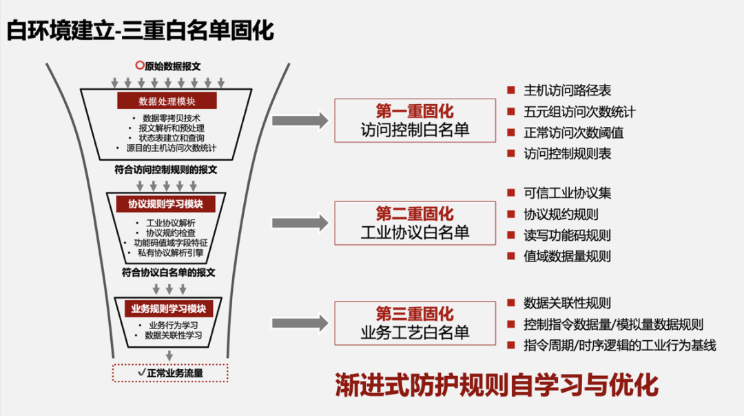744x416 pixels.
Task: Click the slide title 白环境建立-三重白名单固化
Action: [141, 30]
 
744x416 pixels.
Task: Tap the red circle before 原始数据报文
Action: [140, 66]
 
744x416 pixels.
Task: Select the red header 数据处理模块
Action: [167, 101]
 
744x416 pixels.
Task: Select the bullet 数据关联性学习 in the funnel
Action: [173, 335]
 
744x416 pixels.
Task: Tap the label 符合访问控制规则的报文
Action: [167, 168]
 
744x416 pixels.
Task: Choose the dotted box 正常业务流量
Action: [170, 373]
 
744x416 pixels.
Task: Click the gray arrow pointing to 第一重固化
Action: [300, 121]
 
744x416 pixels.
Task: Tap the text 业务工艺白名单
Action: [415, 333]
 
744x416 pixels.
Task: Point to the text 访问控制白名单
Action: [415, 130]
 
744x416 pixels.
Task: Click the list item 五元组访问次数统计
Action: [579, 111]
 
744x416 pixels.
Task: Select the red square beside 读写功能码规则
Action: [510, 235]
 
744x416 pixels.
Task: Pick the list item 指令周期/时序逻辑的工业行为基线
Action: [620, 345]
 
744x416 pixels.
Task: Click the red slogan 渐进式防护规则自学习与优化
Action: [496, 385]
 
